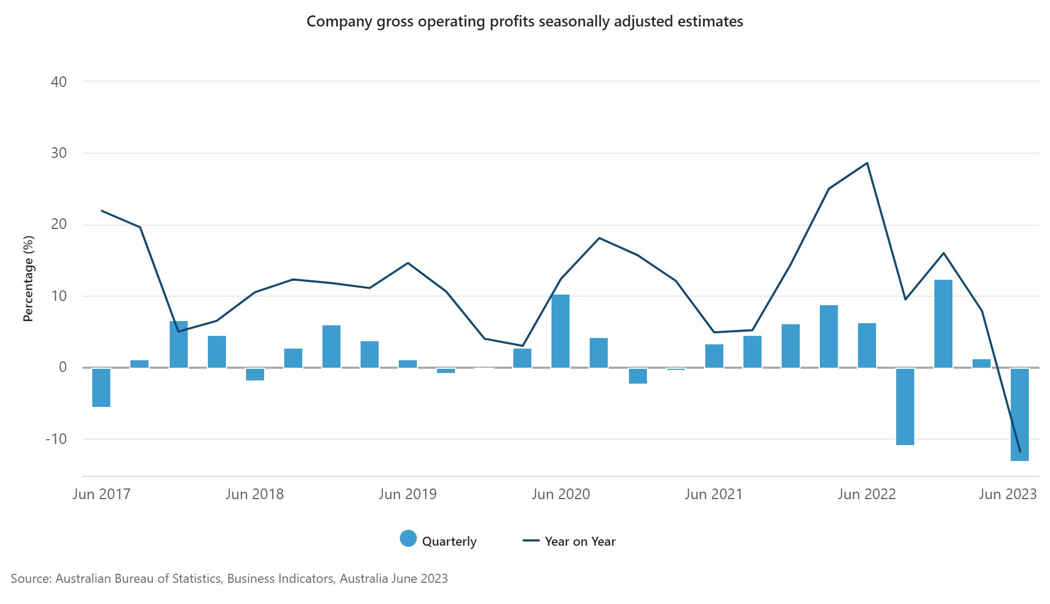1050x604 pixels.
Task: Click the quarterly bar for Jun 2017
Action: click(x=101, y=387)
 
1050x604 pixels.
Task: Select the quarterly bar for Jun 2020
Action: click(x=561, y=331)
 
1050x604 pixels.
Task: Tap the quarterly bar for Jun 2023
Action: click(x=1020, y=414)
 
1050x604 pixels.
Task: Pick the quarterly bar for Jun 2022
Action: click(x=867, y=345)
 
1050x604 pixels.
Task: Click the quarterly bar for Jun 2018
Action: click(x=255, y=375)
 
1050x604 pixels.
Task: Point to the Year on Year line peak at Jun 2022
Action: click(x=867, y=163)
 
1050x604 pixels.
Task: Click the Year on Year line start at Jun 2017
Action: click(x=101, y=211)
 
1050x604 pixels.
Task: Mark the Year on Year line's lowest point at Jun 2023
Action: click(x=1020, y=452)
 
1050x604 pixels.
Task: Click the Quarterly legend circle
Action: click(x=408, y=539)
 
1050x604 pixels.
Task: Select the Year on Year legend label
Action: click(x=580, y=541)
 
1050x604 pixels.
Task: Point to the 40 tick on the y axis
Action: click(x=59, y=82)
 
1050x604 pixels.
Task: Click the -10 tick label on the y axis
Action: click(x=56, y=439)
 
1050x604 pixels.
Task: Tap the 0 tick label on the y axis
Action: click(x=63, y=367)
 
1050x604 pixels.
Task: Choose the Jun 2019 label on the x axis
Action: click(x=407, y=494)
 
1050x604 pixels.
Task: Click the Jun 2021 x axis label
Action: click(x=713, y=494)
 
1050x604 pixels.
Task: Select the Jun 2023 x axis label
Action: click(x=1008, y=494)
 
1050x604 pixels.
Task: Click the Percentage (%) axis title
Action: click(x=28, y=279)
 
